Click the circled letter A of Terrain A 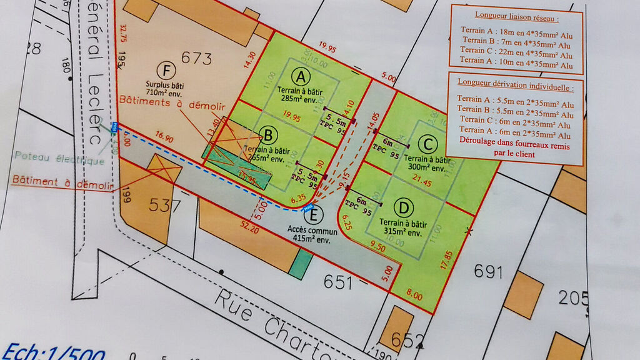click(302, 77)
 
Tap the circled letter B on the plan click(268, 134)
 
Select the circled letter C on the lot click(427, 145)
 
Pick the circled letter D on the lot click(405, 206)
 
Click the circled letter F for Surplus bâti click(166, 69)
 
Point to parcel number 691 click(488, 271)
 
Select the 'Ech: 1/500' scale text click(53, 351)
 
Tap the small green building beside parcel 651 click(299, 264)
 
